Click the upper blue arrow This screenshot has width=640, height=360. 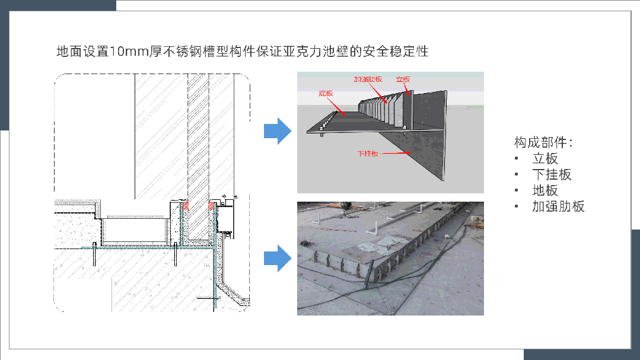[x=277, y=131]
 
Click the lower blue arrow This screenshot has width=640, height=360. [x=277, y=258]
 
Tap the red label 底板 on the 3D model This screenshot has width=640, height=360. [x=326, y=93]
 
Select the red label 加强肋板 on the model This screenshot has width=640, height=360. [x=368, y=79]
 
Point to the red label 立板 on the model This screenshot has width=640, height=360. [x=403, y=79]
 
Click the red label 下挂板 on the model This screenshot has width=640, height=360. [x=368, y=154]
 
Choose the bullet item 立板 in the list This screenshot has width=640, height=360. [x=545, y=158]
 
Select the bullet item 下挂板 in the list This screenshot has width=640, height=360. [x=552, y=174]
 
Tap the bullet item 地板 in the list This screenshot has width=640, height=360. [x=545, y=190]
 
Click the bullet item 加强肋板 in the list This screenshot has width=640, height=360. [x=558, y=206]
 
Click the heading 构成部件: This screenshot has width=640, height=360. [x=543, y=142]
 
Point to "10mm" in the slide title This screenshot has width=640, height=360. [x=129, y=52]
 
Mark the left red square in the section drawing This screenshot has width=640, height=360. [x=184, y=206]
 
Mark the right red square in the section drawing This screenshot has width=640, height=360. [x=212, y=206]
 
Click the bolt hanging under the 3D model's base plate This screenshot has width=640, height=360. [x=321, y=134]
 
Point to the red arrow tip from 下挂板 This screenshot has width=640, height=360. [x=410, y=154]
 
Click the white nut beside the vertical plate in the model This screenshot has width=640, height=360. [x=405, y=127]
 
